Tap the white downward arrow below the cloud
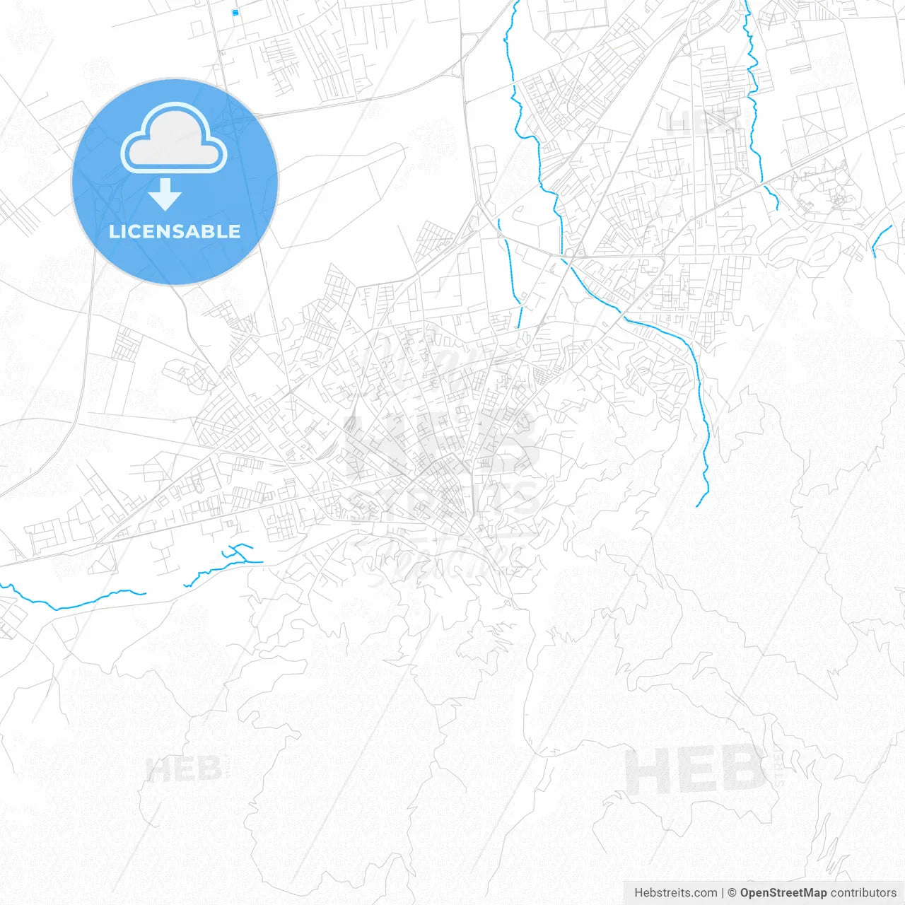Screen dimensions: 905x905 [x=165, y=194]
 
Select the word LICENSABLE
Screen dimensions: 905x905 [x=175, y=231]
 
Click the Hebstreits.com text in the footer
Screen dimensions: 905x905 [x=675, y=893]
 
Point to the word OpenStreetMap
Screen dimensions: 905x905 [x=783, y=893]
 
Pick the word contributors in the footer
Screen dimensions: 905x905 [x=863, y=893]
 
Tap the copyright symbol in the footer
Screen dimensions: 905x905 [x=732, y=893]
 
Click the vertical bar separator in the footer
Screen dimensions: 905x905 [x=723, y=893]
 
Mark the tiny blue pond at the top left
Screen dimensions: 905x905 [x=235, y=13]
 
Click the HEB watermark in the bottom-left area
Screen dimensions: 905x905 [x=184, y=769]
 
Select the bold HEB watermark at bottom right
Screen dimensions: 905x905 [x=696, y=771]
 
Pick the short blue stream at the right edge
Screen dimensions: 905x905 [x=881, y=238]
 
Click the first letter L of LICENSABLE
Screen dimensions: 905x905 [x=114, y=231]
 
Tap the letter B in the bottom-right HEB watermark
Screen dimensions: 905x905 [x=742, y=771]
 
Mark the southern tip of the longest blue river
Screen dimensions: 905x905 [x=697, y=506]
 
